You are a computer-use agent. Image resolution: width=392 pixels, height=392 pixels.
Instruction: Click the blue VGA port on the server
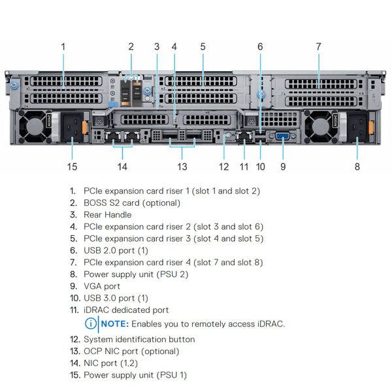click(283, 137)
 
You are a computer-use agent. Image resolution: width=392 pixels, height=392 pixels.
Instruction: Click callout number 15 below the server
click(72, 167)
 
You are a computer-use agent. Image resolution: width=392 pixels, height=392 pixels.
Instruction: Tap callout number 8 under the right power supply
click(357, 167)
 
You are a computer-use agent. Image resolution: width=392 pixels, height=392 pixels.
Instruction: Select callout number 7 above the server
click(318, 46)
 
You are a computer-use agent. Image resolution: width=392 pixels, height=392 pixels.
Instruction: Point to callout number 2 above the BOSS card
click(131, 46)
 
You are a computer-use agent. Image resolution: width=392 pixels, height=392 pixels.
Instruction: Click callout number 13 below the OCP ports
click(182, 167)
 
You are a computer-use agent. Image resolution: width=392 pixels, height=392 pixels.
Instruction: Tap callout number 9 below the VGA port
click(283, 167)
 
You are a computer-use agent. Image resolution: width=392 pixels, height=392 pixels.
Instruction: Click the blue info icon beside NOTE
click(90, 323)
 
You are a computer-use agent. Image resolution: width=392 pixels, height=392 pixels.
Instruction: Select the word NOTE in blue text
click(114, 323)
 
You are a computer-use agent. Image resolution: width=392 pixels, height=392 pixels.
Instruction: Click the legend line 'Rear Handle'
click(107, 214)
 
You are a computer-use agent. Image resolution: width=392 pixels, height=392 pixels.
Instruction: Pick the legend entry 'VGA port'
click(102, 286)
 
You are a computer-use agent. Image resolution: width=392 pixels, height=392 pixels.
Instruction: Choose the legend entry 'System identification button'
click(139, 339)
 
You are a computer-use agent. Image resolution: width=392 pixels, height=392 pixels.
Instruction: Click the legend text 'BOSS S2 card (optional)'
click(132, 203)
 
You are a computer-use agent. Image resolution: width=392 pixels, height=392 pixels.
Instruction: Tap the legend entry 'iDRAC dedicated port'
click(126, 310)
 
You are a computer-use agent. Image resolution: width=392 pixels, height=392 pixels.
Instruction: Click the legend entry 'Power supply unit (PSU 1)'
click(135, 375)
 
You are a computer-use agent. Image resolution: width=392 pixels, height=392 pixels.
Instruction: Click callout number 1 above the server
click(63, 46)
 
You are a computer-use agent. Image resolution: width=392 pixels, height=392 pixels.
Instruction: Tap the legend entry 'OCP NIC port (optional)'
click(131, 351)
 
